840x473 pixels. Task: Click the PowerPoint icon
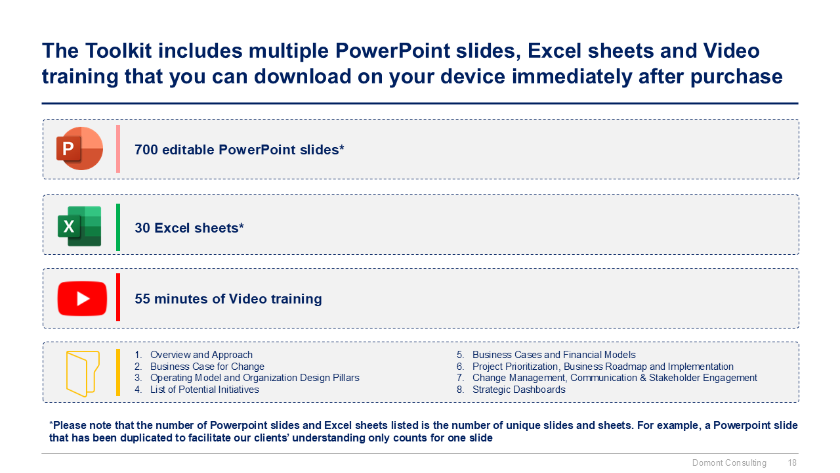[79, 148]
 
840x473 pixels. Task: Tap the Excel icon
[79, 226]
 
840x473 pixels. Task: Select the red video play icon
[82, 299]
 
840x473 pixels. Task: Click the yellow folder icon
[83, 374]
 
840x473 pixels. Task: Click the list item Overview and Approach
[201, 355]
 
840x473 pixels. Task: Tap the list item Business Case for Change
[207, 367]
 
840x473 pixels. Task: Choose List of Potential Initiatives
[204, 390]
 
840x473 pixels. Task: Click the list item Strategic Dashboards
[518, 390]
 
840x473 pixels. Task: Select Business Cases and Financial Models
[554, 355]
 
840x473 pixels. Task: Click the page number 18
[792, 463]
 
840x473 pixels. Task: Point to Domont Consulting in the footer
[729, 463]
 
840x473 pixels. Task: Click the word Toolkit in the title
[118, 51]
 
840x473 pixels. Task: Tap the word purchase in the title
[736, 78]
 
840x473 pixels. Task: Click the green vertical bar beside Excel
[118, 227]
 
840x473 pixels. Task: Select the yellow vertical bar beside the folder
[118, 372]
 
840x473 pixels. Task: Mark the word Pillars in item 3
[346, 378]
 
